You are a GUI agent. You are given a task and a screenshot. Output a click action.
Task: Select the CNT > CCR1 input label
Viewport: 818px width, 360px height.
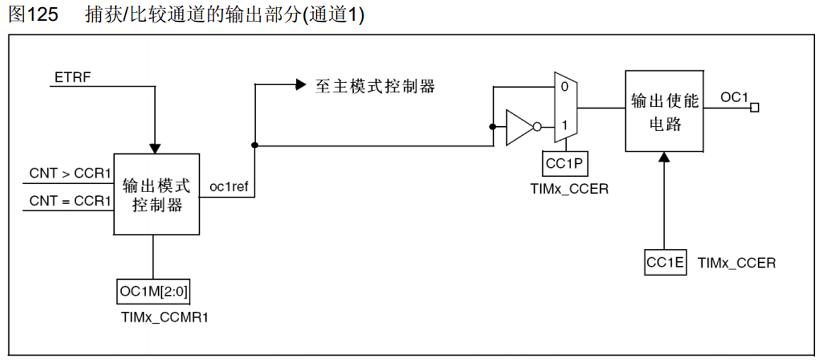[x=70, y=174]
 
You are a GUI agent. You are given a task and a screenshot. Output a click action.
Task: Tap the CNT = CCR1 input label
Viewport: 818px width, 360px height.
[x=70, y=201]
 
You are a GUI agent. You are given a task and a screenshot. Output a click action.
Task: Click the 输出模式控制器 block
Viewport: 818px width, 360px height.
[x=157, y=194]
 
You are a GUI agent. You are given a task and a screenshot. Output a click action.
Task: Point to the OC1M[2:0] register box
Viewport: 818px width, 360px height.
[x=153, y=292]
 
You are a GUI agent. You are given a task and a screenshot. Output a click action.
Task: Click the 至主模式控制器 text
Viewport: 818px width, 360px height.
[x=375, y=86]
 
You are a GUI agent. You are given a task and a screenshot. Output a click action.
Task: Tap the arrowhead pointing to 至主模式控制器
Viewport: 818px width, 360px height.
[x=301, y=85]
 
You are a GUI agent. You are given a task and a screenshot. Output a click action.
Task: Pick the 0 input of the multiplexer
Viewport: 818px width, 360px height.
[x=564, y=86]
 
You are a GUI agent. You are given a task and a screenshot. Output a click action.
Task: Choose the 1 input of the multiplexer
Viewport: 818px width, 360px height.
[x=564, y=126]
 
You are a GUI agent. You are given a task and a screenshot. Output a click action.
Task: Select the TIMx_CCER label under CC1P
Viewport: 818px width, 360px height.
[x=569, y=189]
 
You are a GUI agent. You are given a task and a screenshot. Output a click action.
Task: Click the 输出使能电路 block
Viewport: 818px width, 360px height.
[x=665, y=111]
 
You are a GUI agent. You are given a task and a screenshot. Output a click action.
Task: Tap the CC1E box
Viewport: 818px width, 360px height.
[x=665, y=263]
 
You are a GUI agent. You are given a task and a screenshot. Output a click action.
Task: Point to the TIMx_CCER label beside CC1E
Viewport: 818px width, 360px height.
[x=737, y=263]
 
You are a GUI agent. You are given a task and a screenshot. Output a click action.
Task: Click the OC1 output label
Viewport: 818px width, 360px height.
[x=734, y=97]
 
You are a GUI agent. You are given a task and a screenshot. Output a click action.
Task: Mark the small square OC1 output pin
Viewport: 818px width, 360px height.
[x=754, y=108]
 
